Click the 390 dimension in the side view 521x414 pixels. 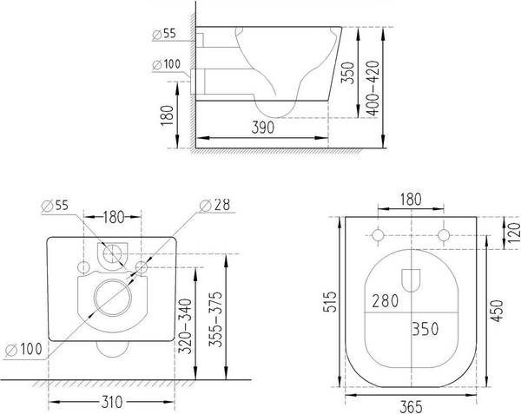262,128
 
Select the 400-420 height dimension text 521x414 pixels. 373,88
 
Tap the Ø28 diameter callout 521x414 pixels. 215,205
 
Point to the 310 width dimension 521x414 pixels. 111,403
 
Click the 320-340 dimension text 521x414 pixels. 186,326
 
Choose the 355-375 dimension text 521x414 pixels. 215,319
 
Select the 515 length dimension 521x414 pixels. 331,302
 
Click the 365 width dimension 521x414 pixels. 411,407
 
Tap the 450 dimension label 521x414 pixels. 497,311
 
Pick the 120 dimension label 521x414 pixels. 514,233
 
